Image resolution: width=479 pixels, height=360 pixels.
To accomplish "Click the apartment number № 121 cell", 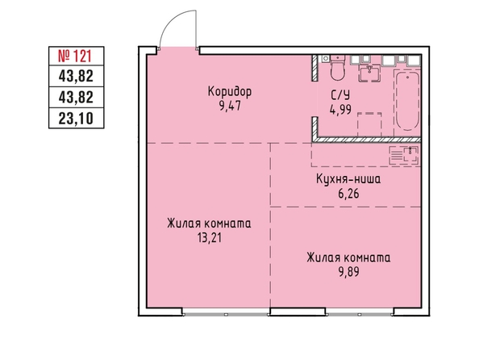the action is (x=77, y=56).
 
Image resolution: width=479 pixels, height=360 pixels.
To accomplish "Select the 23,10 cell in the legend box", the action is (x=77, y=119).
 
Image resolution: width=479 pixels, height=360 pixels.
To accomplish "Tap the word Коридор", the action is (x=230, y=91).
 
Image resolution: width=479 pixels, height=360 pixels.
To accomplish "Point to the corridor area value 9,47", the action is (x=230, y=106).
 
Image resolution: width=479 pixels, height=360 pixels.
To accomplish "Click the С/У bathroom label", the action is (x=340, y=95).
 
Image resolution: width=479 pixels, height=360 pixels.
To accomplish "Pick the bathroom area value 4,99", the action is (x=340, y=109).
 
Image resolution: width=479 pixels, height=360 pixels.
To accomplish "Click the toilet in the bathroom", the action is (x=337, y=67).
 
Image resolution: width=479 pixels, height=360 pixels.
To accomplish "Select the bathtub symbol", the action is (x=407, y=101).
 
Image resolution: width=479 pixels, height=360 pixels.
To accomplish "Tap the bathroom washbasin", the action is (x=369, y=73).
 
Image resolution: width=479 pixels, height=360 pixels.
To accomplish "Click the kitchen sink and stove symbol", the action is (x=403, y=155).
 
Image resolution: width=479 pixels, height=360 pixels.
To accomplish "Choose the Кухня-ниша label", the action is (x=348, y=179).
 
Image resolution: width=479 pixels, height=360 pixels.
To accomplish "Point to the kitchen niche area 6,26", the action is (x=348, y=194).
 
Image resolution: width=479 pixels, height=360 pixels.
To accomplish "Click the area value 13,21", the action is (x=209, y=237).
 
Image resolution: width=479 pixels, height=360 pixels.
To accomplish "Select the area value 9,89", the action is (x=348, y=271).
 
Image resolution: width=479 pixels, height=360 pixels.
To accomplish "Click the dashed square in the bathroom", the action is (x=369, y=124).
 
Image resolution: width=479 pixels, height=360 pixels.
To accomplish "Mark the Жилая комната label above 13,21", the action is (x=209, y=224).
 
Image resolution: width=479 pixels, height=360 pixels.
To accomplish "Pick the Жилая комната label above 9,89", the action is (x=348, y=257).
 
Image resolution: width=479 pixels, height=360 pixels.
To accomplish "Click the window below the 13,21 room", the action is (x=226, y=314).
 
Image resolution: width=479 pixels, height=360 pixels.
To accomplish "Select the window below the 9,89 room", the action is (x=360, y=314).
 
